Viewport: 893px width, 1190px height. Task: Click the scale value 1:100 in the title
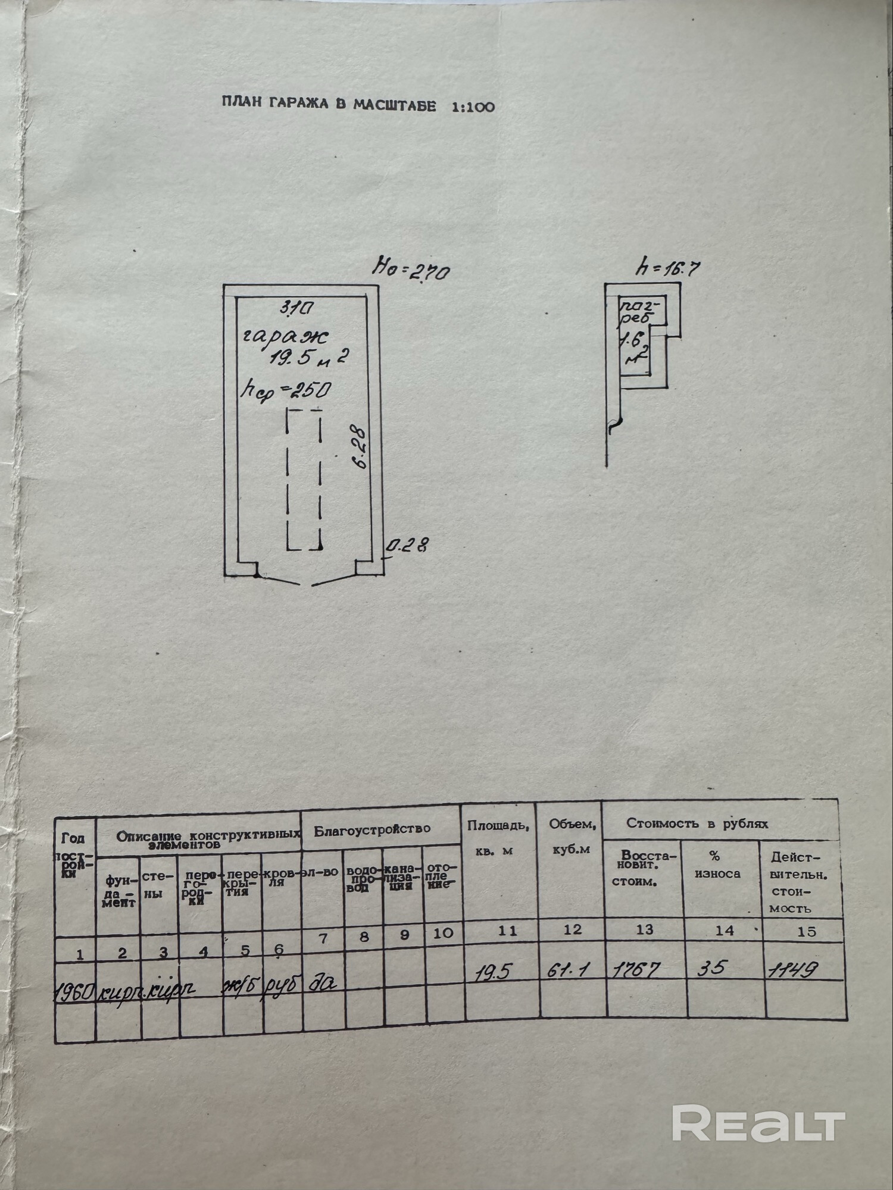click(473, 107)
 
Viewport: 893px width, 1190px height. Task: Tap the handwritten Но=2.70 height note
click(411, 270)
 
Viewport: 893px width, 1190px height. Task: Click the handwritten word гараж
click(285, 337)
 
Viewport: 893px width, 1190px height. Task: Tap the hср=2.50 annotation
click(285, 390)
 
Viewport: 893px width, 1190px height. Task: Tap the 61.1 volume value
click(567, 970)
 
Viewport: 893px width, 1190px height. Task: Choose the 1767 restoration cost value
click(636, 970)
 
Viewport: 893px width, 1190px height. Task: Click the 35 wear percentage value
click(712, 968)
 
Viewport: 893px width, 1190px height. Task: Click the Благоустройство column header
click(372, 829)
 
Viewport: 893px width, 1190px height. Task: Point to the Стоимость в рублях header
click(697, 823)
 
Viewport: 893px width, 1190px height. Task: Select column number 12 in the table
click(572, 929)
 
